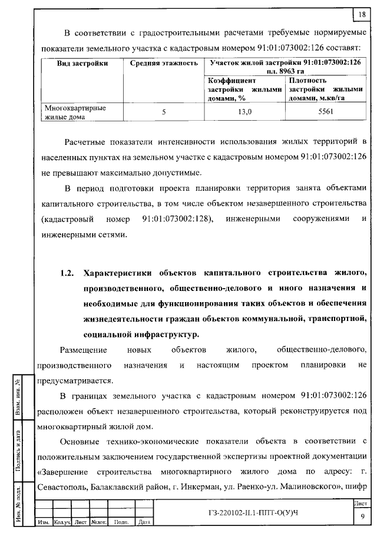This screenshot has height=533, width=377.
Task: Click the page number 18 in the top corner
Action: (361, 14)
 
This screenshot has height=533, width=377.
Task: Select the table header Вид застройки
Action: (82, 62)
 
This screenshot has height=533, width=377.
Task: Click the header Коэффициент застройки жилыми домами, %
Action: (244, 89)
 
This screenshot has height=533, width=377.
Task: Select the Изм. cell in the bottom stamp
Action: (44, 522)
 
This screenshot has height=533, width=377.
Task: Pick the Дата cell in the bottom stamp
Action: (143, 522)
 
